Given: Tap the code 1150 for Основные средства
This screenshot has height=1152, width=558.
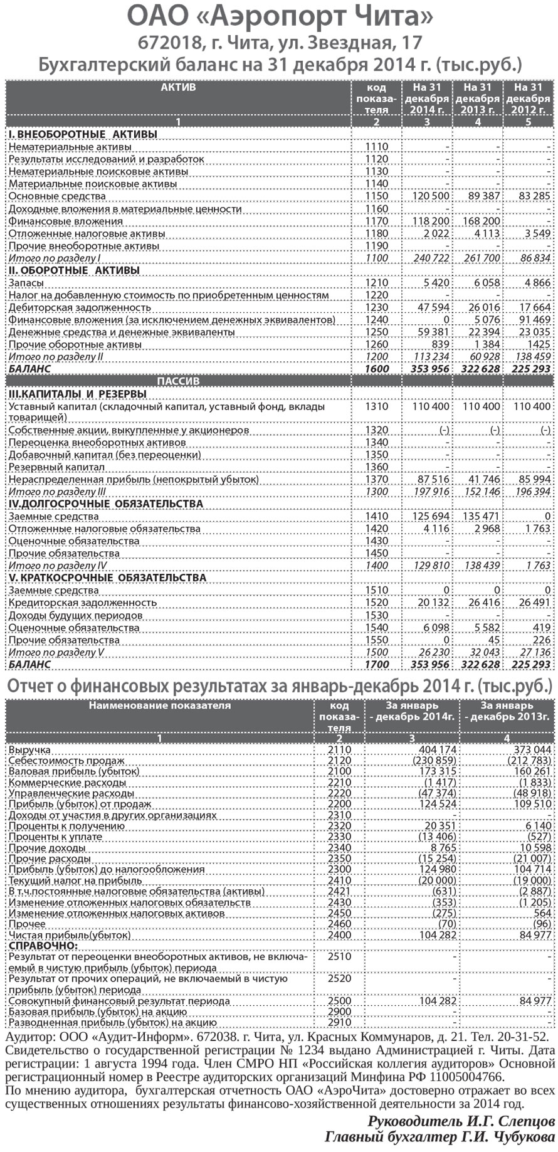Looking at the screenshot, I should click(376, 196).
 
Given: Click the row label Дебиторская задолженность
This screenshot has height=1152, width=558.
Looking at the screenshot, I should click(80, 308).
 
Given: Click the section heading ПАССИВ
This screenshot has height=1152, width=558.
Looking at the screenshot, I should click(178, 381).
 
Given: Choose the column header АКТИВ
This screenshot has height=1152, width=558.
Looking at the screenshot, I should click(178, 87).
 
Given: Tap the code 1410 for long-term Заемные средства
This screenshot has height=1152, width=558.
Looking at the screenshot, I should click(376, 517).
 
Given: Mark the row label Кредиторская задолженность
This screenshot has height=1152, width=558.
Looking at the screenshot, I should click(82, 603).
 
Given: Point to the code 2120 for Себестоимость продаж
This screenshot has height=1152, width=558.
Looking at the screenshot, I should click(339, 761).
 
